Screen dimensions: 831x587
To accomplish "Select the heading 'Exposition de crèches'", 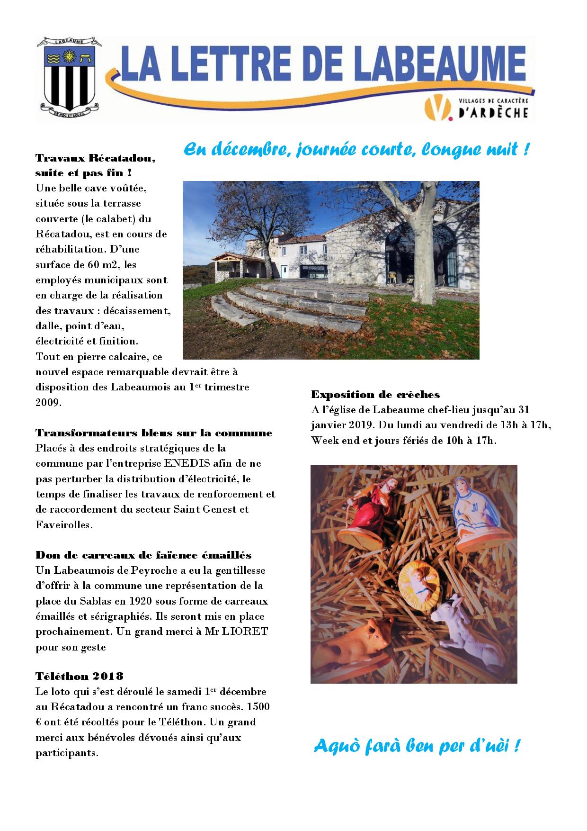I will tap(375, 394).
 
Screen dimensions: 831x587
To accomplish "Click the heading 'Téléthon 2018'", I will tap(80, 676).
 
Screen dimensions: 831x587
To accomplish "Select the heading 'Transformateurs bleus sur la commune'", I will tap(154, 433).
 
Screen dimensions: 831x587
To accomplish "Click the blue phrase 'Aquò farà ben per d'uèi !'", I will tap(417, 746).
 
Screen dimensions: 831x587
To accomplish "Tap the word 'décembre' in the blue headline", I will tap(247, 150).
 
